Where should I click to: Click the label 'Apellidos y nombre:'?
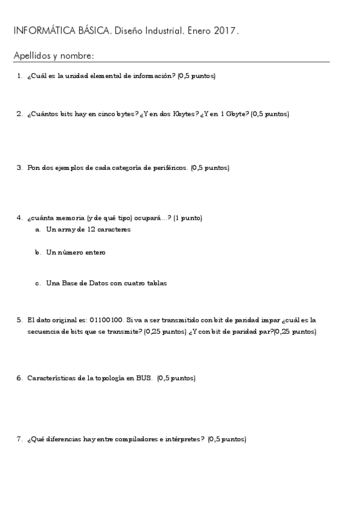pyautogui.click(x=53, y=56)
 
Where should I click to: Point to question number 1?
pyautogui.click(x=20, y=76)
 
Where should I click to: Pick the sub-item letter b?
pyautogui.click(x=38, y=253)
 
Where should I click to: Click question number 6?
pyautogui.click(x=20, y=378)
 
